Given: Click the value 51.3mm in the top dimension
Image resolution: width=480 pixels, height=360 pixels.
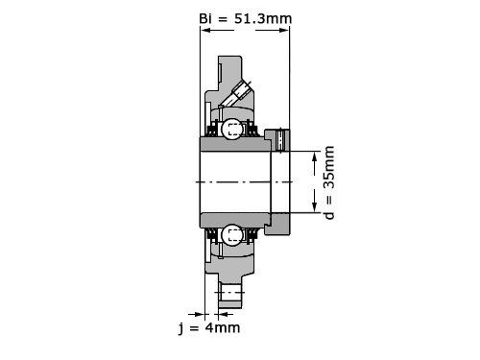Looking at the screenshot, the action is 263,18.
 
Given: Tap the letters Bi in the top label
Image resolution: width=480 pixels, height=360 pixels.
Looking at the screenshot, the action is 205,18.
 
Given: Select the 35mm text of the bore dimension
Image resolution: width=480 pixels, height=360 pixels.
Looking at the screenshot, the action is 328,168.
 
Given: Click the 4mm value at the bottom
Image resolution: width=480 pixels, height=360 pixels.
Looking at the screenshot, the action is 223,327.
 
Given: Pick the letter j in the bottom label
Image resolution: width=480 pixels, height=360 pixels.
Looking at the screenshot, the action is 181,328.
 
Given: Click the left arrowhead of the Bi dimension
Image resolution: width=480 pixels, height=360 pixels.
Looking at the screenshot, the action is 205,31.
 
